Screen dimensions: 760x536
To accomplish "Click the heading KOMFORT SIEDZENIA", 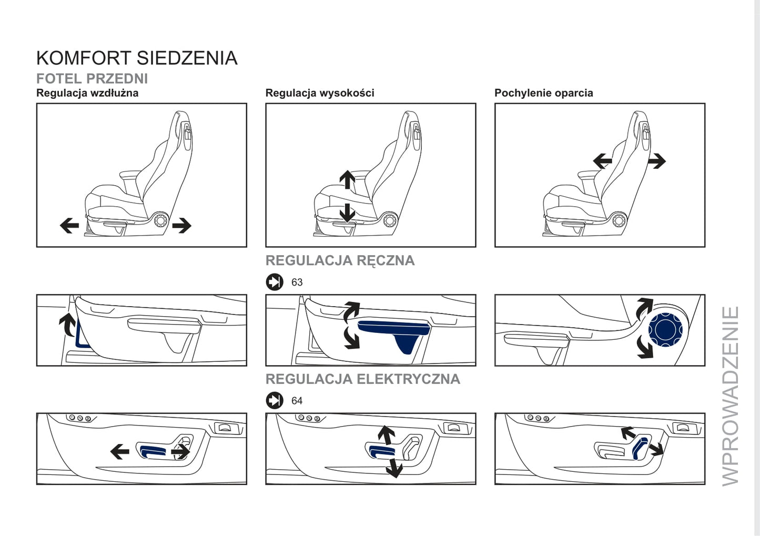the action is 137,58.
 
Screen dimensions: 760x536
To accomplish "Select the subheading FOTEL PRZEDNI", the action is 92,79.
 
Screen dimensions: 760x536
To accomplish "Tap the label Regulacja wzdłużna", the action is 87,93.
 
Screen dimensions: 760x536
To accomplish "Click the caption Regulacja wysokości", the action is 320,93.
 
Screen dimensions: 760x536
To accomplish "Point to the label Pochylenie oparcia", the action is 543,93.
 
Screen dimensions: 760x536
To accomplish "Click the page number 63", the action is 297,282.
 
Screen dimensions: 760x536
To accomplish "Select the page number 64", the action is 297,401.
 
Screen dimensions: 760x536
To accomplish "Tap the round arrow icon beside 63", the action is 275,282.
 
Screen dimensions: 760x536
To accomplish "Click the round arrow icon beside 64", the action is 275,400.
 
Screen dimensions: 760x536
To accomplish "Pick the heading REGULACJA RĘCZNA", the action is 340,260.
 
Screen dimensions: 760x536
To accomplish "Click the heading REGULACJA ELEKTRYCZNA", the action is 363,379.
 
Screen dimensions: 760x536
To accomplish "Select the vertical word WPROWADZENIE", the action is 730,396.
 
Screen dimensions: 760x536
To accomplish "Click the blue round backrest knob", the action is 665,329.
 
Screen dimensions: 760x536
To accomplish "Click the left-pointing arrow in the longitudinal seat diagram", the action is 69,225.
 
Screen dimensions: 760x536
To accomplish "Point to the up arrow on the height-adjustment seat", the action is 348,179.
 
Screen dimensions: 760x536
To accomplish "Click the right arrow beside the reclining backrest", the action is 656,161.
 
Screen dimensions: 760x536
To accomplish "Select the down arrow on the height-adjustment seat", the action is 348,213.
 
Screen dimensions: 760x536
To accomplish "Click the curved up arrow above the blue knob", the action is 644,308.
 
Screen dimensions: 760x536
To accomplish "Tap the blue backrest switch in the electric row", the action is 640,449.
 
